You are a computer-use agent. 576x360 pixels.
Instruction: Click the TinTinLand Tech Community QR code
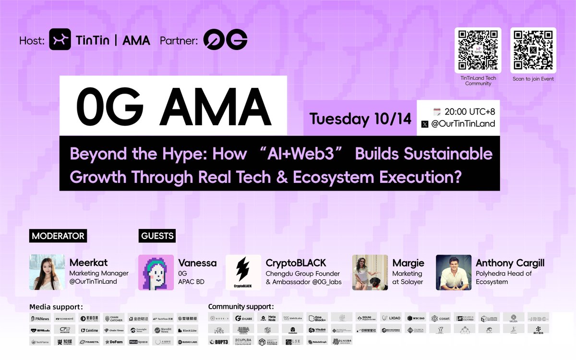478,50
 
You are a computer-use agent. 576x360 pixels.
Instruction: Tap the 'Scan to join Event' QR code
533,50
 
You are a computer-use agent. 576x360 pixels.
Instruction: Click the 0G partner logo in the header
225,40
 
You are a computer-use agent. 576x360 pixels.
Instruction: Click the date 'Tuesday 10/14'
360,119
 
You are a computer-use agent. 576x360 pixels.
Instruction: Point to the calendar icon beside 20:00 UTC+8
436,111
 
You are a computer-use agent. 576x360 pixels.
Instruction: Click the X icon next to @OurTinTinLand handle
425,124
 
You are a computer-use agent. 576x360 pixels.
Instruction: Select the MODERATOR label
58,236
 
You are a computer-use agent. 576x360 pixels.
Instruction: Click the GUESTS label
157,236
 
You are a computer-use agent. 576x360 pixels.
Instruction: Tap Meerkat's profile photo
47,272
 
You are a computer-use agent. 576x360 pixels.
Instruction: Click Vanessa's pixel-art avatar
156,272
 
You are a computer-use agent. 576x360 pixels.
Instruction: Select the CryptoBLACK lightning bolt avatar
243,272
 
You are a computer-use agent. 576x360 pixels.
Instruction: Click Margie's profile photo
370,272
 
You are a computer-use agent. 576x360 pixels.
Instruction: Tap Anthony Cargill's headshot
453,272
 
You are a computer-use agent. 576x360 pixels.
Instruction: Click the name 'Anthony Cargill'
510,263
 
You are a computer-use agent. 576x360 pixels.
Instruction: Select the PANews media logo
40,318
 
